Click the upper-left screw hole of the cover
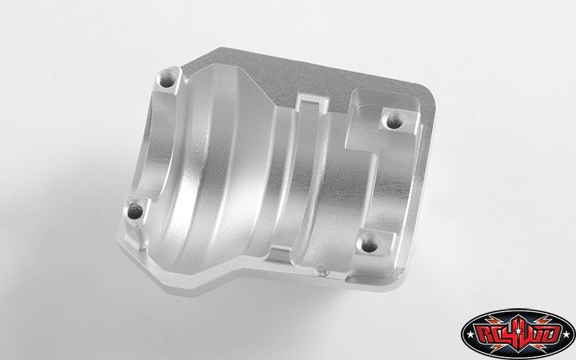point(167,80)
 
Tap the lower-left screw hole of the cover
point(135,211)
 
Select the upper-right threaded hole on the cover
point(394,122)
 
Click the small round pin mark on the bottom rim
point(322,269)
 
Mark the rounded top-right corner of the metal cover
point(429,93)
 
